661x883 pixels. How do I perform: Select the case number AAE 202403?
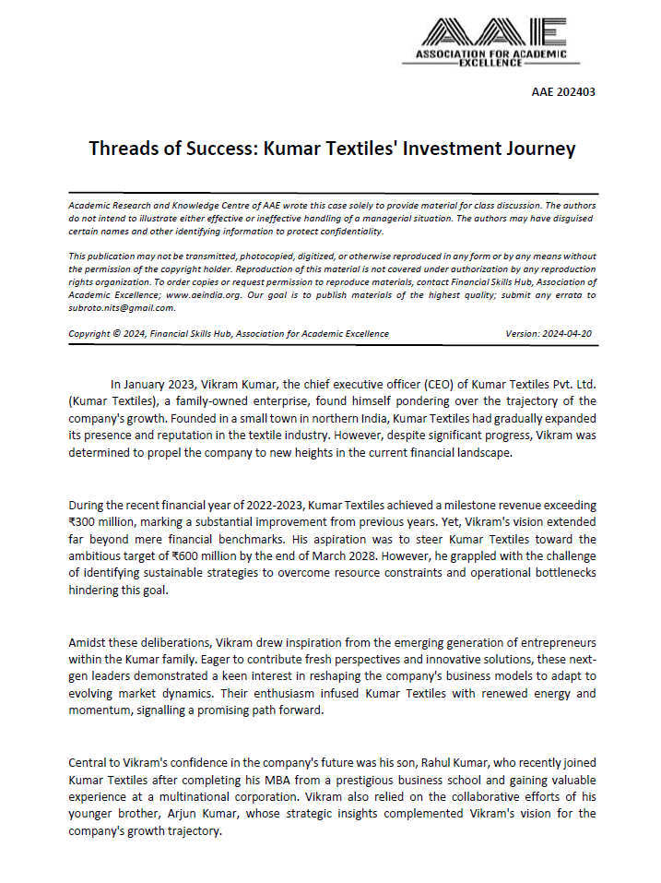pyautogui.click(x=563, y=91)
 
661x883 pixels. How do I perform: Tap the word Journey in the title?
pyautogui.click(x=540, y=149)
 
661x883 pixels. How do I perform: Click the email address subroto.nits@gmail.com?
pyautogui.click(x=122, y=307)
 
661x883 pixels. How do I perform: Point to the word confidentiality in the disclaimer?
pyautogui.click(x=341, y=231)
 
